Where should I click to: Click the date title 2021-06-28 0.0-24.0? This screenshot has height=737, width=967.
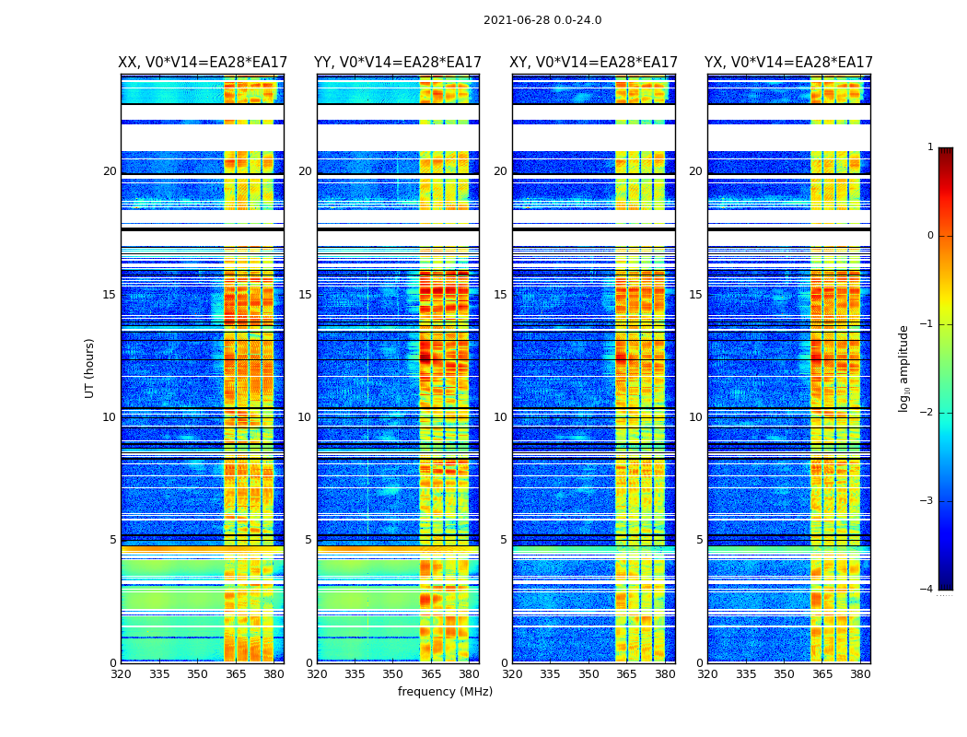(542, 20)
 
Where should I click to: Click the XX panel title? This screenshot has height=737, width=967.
(203, 63)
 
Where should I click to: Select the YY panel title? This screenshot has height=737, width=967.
(398, 63)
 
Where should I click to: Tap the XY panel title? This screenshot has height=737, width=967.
(593, 63)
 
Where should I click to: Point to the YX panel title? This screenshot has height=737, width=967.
(788, 63)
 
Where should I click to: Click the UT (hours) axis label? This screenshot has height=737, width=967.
(89, 368)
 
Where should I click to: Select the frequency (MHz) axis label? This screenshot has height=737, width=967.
(445, 692)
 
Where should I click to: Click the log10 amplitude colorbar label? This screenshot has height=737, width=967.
(904, 368)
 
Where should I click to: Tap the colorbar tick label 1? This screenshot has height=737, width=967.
(930, 147)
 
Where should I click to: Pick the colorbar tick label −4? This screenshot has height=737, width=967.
(927, 590)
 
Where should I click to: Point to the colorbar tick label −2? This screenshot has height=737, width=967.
(927, 413)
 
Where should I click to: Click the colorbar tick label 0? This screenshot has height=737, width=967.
(930, 236)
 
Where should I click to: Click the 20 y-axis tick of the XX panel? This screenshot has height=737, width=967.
(110, 171)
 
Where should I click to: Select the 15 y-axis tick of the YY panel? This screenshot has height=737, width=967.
(305, 295)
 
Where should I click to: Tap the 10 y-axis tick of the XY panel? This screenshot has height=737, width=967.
(500, 417)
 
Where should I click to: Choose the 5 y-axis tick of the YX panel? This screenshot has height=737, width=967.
(699, 540)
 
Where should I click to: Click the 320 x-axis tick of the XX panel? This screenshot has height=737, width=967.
(121, 674)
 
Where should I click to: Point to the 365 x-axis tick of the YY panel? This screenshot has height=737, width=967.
(431, 674)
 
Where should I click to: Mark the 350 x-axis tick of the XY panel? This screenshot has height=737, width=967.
(588, 674)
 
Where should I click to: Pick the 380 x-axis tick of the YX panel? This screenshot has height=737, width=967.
(860, 674)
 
